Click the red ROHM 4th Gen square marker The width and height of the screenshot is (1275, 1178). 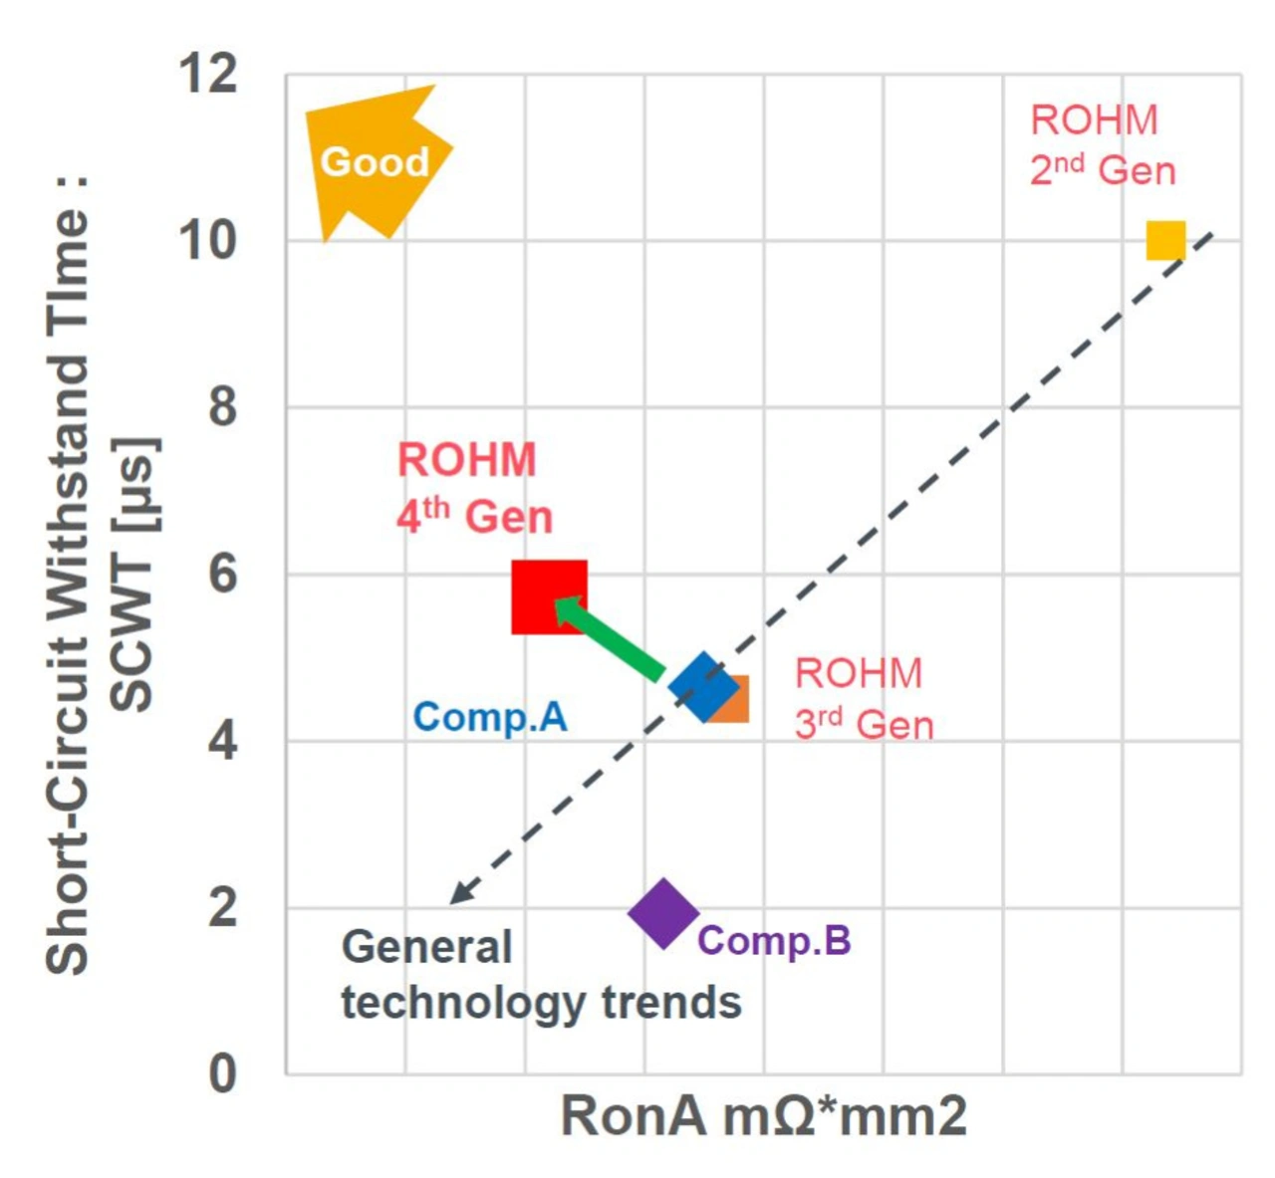tap(548, 597)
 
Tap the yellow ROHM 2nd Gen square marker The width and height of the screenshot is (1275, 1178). tap(1165, 240)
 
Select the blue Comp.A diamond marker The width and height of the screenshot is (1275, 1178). tap(702, 686)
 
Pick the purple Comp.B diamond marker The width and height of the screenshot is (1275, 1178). tap(663, 913)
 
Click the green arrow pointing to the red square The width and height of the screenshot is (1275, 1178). tap(610, 638)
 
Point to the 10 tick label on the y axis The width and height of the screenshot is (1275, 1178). tap(208, 240)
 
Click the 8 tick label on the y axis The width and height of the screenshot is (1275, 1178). tap(221, 407)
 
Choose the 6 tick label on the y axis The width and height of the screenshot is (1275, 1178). tap(221, 575)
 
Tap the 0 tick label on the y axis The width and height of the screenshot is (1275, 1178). tap(221, 1074)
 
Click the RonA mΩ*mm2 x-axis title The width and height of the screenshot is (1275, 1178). tap(763, 1116)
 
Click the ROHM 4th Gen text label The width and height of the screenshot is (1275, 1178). tap(474, 488)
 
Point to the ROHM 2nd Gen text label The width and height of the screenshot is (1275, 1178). tap(1102, 145)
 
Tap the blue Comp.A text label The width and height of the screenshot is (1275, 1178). tap(490, 717)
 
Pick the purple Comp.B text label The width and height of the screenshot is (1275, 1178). tap(774, 941)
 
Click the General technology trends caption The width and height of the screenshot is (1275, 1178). tap(540, 975)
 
